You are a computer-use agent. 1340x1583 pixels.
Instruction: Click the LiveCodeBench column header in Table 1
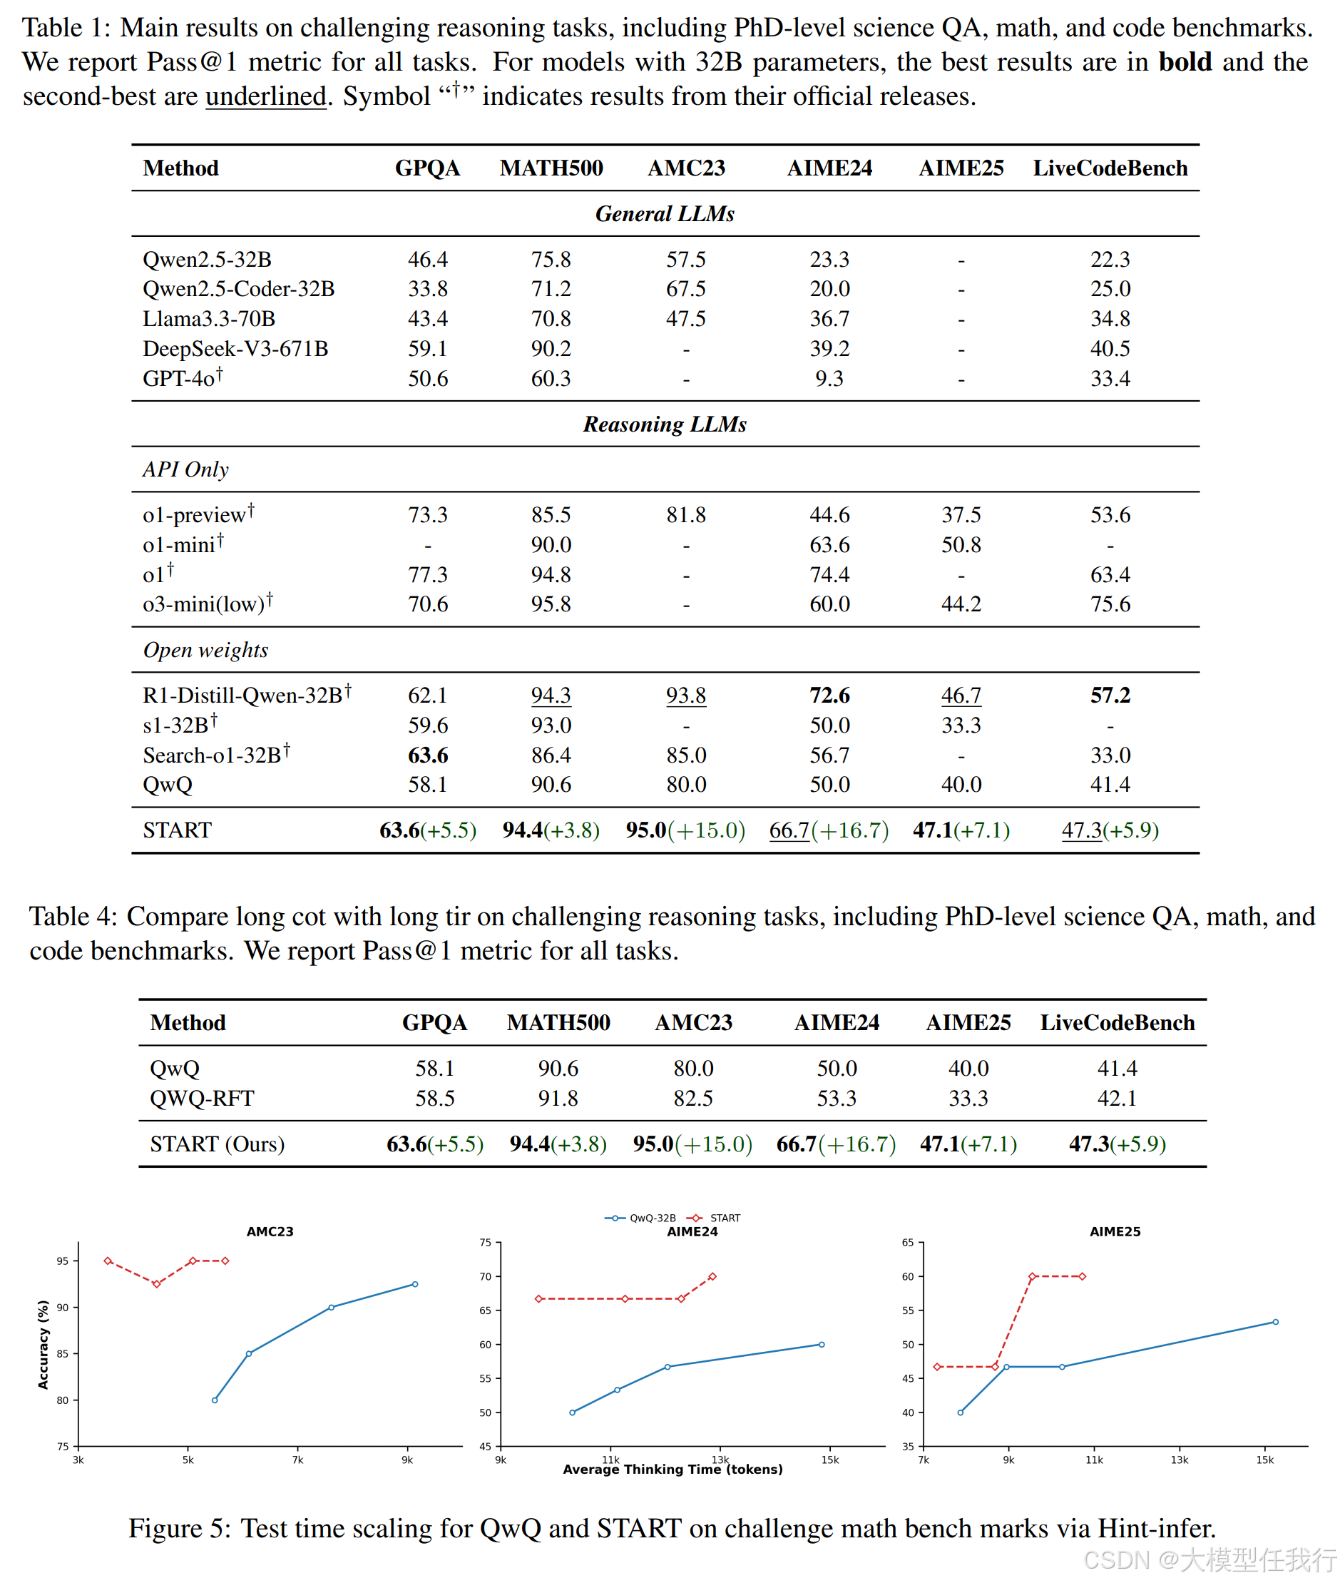(x=1109, y=168)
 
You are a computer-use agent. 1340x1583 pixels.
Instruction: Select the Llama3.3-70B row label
(x=209, y=318)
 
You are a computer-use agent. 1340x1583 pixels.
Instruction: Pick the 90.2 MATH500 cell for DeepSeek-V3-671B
(x=550, y=349)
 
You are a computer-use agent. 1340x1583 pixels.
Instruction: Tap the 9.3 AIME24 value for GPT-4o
(x=829, y=379)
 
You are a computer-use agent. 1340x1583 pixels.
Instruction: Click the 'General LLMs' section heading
(x=665, y=213)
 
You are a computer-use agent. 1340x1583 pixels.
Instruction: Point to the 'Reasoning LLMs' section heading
(x=665, y=424)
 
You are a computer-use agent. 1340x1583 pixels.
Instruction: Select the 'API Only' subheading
(x=185, y=469)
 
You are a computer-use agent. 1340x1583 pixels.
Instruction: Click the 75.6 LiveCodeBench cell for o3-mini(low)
(x=1109, y=604)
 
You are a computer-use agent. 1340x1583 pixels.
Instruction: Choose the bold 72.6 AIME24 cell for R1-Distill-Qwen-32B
(x=829, y=696)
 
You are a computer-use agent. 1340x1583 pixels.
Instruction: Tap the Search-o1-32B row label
(x=212, y=755)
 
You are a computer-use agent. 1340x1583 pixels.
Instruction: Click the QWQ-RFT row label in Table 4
(x=202, y=1098)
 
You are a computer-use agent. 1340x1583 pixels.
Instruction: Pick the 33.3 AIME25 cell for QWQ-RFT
(x=968, y=1098)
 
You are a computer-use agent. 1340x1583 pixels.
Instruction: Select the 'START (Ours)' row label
(x=218, y=1144)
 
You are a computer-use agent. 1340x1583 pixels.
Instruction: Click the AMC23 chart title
(x=270, y=1232)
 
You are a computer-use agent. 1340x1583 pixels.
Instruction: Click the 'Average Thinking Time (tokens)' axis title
(x=672, y=1469)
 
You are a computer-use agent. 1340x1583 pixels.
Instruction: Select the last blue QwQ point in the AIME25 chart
(x=1275, y=1323)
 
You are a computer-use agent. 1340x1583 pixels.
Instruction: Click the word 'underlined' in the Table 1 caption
(x=265, y=96)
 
